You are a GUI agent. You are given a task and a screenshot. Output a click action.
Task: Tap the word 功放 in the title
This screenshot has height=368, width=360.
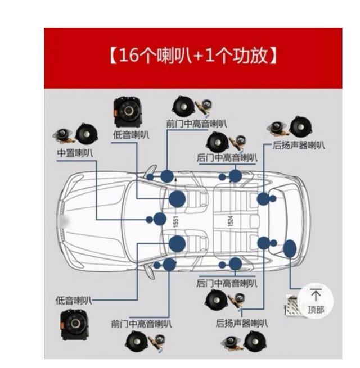(255, 57)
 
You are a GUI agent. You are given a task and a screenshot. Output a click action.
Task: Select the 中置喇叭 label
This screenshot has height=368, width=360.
(75, 152)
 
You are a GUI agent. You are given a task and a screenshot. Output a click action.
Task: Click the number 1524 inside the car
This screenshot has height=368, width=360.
(230, 220)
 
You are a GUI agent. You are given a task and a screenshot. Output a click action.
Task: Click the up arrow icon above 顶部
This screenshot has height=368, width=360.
(316, 295)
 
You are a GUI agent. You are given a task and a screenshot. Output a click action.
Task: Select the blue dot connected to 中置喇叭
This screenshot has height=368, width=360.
(160, 219)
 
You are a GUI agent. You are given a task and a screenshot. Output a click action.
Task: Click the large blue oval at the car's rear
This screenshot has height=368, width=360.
(290, 248)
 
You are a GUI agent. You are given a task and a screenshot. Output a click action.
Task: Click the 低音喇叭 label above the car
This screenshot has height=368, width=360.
(131, 135)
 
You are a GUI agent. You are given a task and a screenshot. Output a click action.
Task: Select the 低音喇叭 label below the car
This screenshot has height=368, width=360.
(73, 301)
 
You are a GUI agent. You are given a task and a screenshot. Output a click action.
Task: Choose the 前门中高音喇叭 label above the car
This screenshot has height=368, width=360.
(197, 123)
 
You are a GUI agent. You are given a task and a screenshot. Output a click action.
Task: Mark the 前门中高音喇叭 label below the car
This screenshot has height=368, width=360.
(142, 324)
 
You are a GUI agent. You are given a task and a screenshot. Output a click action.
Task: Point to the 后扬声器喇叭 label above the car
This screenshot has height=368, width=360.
(298, 146)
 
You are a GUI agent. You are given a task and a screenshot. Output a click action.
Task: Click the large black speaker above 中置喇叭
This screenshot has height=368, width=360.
(87, 133)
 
